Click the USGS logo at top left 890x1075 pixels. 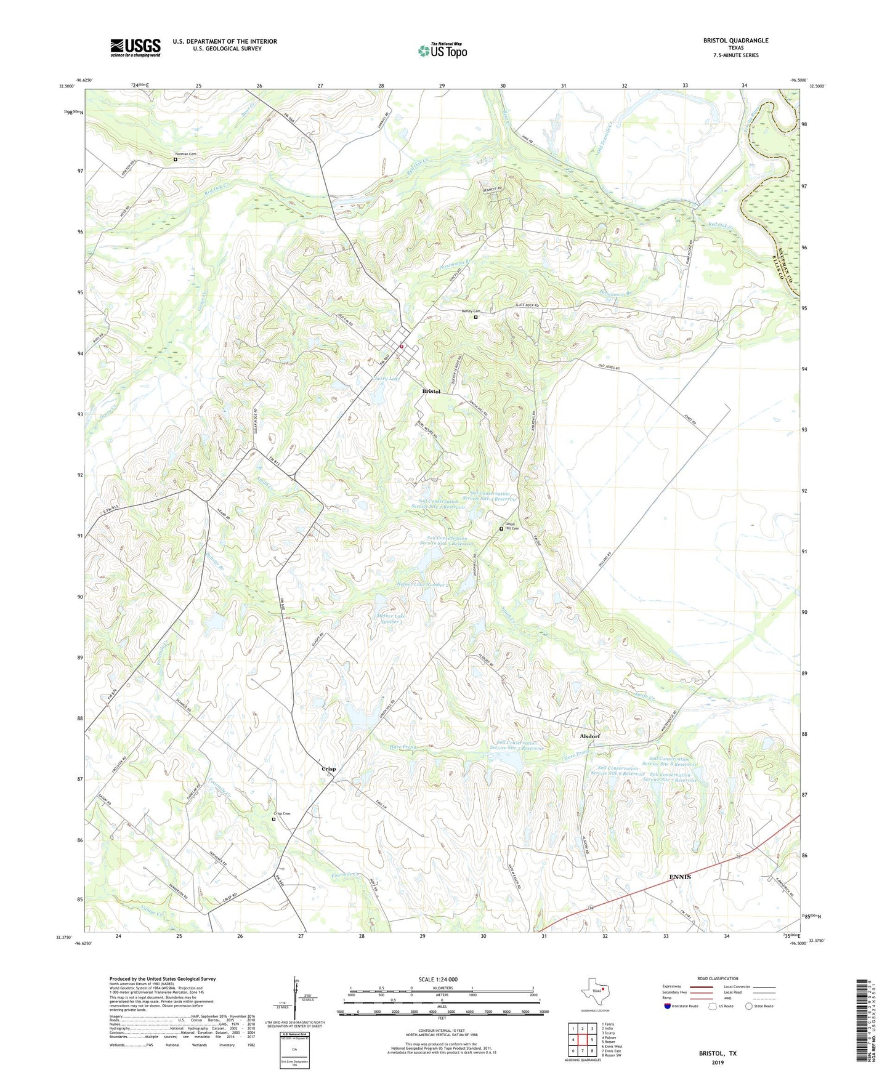[136, 47]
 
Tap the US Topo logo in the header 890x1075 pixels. [442, 50]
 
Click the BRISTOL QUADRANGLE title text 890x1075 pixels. [735, 41]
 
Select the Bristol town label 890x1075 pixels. [431, 392]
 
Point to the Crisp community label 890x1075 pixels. [329, 769]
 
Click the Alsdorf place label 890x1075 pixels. [589, 736]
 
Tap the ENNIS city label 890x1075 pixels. [680, 877]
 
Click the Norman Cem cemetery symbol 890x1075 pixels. [175, 159]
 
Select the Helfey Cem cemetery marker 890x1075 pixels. [475, 318]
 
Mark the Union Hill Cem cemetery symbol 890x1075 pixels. [501, 528]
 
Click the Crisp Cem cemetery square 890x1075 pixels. [274, 819]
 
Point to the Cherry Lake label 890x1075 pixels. [387, 379]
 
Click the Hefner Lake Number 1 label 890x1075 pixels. [391, 619]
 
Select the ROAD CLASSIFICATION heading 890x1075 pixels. [717, 978]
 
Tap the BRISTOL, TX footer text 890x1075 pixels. [717, 1053]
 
